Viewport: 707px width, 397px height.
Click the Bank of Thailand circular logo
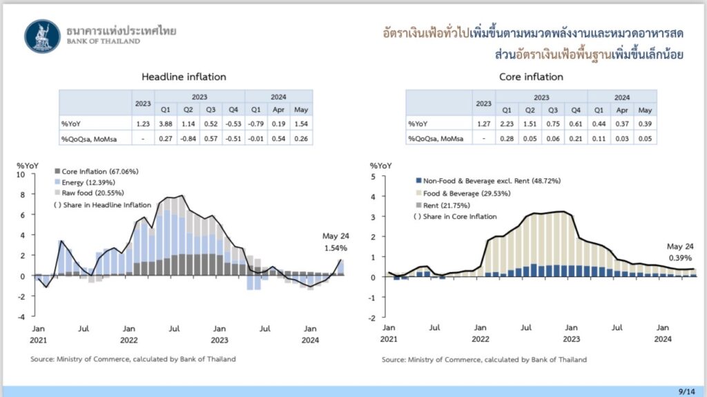(x=42, y=36)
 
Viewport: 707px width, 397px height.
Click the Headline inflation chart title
(x=184, y=77)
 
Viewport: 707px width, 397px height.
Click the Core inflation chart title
(x=531, y=77)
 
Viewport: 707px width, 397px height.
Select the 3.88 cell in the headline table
(x=166, y=124)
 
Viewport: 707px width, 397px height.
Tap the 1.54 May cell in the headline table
(x=301, y=124)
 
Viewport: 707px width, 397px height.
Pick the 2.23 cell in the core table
(x=507, y=124)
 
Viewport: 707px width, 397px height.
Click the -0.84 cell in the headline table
(x=188, y=138)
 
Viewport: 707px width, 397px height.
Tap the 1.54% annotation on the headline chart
(x=335, y=247)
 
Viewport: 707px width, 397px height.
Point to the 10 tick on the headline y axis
(x=21, y=175)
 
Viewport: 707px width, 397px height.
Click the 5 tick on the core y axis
(x=372, y=177)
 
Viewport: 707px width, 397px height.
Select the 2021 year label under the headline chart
(x=39, y=339)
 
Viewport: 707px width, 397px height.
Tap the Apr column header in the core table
(x=623, y=110)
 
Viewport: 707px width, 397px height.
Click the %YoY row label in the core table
(x=418, y=124)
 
